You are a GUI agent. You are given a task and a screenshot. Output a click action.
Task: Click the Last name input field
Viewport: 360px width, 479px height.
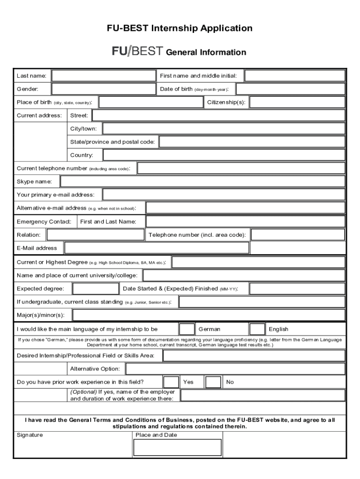(x=103, y=76)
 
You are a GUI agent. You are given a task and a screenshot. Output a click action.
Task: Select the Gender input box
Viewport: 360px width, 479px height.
(x=103, y=89)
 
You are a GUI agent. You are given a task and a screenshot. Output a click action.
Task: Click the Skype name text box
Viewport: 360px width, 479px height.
(x=203, y=181)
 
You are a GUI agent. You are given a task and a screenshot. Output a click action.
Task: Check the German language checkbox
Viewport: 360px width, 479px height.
(x=187, y=329)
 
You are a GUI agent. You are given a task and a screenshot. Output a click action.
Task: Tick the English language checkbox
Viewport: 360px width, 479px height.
(x=257, y=329)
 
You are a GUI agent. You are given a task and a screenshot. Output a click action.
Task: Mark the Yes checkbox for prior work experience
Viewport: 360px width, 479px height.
(x=171, y=382)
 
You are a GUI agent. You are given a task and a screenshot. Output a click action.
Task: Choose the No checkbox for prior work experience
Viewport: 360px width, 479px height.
(x=213, y=382)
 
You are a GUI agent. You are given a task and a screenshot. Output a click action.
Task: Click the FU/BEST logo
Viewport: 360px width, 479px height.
(x=137, y=51)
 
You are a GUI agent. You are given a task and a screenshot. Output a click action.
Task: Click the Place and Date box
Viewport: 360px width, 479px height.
(x=177, y=447)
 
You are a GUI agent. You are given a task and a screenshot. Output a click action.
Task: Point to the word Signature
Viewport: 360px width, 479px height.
(x=29, y=435)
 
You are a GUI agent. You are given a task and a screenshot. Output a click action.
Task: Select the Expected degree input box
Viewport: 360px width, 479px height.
(x=96, y=289)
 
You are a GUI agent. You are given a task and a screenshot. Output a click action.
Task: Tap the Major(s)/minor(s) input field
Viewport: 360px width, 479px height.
(x=209, y=315)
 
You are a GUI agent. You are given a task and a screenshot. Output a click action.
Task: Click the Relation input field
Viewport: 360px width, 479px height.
(x=96, y=234)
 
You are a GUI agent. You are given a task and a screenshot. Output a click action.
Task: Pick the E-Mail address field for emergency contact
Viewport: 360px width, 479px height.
(x=157, y=248)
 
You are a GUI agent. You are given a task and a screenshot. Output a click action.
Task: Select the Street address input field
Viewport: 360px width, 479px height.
(x=219, y=115)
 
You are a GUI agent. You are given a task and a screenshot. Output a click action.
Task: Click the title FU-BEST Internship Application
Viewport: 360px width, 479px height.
(x=180, y=29)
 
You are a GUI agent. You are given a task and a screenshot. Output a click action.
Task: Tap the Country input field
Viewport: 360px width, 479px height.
(x=224, y=155)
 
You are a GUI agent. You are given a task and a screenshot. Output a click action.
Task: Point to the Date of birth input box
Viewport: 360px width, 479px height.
(x=291, y=89)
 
